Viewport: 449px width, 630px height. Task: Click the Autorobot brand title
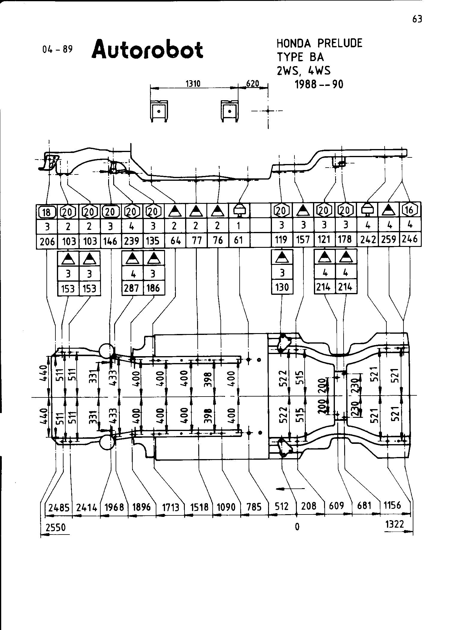(147, 49)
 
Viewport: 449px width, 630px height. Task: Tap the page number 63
(417, 19)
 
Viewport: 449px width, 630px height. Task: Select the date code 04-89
(58, 49)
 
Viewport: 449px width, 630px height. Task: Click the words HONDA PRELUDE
(319, 44)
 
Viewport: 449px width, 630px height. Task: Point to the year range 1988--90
(319, 85)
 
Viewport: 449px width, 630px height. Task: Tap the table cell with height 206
(47, 241)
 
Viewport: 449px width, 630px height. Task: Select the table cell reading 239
(132, 241)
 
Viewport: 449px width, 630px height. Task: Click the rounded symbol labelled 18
(47, 212)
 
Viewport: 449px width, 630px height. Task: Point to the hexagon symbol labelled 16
(409, 210)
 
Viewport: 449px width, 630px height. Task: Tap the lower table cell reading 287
(132, 288)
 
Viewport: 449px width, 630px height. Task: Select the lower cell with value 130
(282, 287)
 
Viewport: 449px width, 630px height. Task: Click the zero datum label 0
(297, 526)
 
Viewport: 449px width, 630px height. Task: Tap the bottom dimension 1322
(394, 524)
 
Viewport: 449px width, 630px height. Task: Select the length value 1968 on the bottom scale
(114, 507)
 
